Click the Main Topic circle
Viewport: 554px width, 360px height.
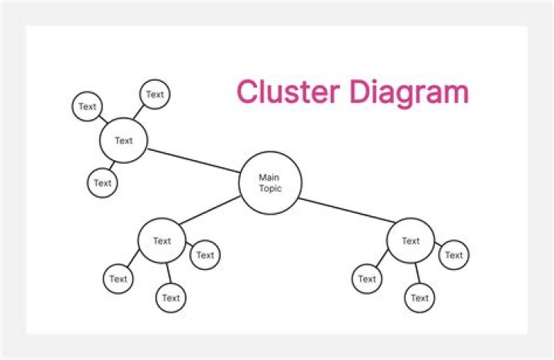(270, 182)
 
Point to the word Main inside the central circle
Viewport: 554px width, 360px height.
(269, 178)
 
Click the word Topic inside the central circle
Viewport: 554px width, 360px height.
(270, 188)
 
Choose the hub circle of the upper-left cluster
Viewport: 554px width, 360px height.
(123, 141)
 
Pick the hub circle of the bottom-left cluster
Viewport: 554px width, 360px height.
(162, 241)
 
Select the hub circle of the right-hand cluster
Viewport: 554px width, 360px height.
(410, 241)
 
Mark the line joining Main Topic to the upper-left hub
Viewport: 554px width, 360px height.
(193, 160)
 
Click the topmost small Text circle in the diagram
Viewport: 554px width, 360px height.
(155, 95)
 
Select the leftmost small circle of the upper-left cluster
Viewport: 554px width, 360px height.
(88, 107)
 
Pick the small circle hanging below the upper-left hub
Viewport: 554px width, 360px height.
(102, 183)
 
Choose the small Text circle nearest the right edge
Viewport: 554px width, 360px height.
(454, 255)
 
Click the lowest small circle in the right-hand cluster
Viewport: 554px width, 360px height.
(419, 298)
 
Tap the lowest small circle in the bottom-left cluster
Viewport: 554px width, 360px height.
(171, 298)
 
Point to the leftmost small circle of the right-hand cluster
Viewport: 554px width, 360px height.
(367, 278)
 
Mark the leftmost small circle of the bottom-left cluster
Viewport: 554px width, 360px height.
(118, 278)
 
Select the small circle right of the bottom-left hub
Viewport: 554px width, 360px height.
(205, 255)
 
